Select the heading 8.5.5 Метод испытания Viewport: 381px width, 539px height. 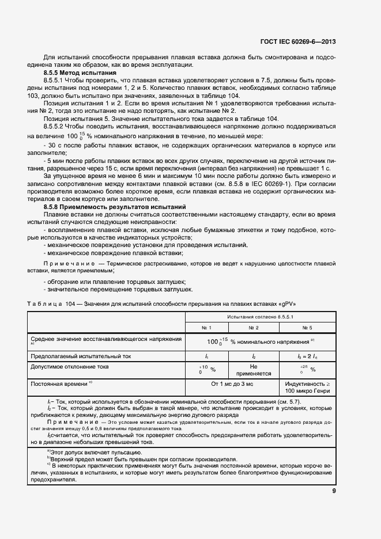point(80,74)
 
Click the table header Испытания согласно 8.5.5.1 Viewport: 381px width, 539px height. point(261,317)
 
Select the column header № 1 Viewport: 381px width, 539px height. point(206,328)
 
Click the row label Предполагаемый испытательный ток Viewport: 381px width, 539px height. point(81,356)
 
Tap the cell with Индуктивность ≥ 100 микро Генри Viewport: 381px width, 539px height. point(307,387)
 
